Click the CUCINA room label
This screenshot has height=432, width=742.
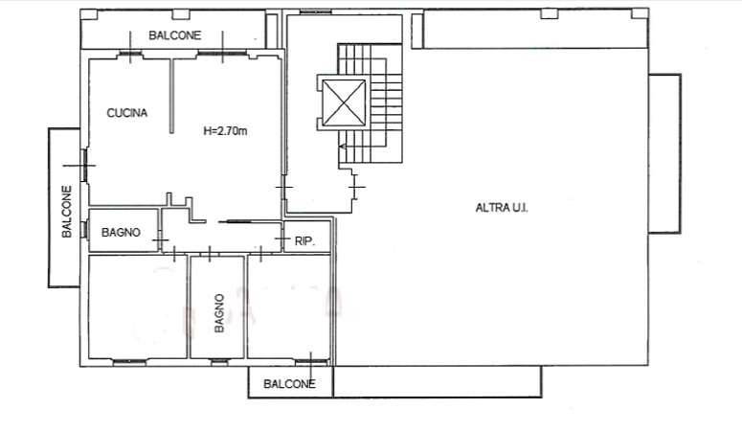tap(126, 113)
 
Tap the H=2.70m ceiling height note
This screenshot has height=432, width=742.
tap(225, 130)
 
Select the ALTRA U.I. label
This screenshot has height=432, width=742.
tap(502, 208)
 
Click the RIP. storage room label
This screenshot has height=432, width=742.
tap(304, 241)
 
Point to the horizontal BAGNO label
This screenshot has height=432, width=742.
tap(121, 232)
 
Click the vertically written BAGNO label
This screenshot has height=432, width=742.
tap(219, 313)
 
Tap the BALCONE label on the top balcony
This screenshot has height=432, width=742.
tap(174, 35)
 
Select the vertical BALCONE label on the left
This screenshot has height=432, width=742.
tap(67, 212)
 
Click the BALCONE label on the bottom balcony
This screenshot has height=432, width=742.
tap(289, 384)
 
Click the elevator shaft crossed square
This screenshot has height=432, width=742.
tap(344, 102)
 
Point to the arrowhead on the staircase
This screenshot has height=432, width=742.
tap(342, 147)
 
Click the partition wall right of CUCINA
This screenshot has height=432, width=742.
tap(171, 96)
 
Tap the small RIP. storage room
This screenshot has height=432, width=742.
tap(306, 237)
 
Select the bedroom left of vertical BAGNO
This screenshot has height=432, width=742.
tap(138, 307)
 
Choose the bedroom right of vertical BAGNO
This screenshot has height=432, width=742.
tap(288, 307)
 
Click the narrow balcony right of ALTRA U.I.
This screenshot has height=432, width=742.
tap(664, 153)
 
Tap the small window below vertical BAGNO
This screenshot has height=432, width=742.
tap(219, 362)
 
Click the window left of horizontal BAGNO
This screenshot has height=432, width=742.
tap(85, 230)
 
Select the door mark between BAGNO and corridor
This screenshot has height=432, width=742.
tap(160, 240)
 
